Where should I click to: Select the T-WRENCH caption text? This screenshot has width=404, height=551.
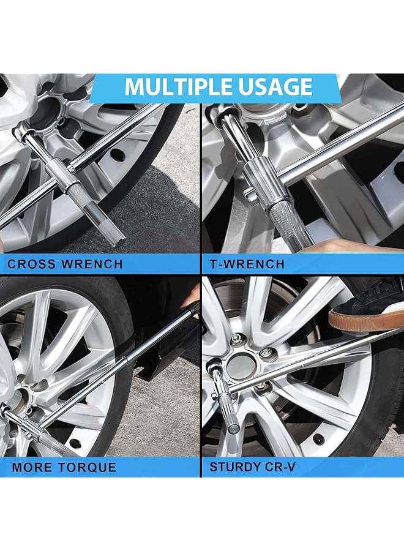pyautogui.click(x=247, y=264)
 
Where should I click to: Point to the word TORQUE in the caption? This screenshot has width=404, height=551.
pyautogui.click(x=88, y=468)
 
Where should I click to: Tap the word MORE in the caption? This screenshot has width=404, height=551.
pyautogui.click(x=31, y=468)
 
